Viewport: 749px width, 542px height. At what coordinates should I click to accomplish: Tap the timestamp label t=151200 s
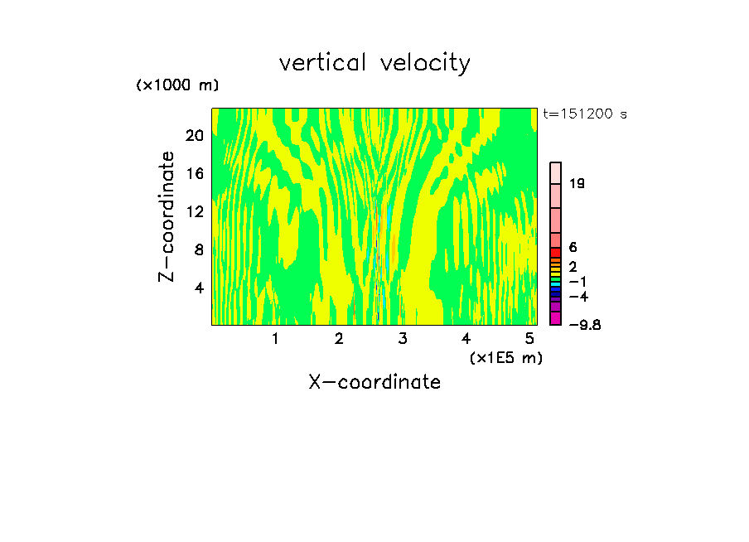click(584, 114)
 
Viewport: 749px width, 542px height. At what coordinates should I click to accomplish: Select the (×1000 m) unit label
click(177, 85)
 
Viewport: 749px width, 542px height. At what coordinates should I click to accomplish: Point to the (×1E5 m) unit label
click(505, 357)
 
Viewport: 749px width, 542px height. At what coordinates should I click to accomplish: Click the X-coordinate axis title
click(374, 382)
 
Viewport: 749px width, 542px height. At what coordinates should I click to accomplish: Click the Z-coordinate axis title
click(167, 216)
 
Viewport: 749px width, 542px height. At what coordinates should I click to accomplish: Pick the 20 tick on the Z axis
click(195, 135)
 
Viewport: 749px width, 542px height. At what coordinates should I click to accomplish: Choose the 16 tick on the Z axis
click(195, 173)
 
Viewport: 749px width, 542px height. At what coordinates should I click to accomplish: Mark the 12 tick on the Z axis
click(195, 211)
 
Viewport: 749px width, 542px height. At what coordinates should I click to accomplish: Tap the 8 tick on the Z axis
click(199, 249)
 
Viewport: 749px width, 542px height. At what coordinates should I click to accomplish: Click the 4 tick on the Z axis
click(199, 288)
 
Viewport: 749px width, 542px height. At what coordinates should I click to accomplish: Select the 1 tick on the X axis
click(275, 338)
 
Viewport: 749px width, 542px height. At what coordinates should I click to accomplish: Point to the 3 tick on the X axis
click(403, 338)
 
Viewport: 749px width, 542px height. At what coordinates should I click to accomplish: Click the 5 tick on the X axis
click(529, 338)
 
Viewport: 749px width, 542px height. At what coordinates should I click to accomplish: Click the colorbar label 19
click(577, 183)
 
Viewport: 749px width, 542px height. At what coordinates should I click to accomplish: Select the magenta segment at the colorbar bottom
click(556, 318)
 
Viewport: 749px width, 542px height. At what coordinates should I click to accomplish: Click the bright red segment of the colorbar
click(556, 253)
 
